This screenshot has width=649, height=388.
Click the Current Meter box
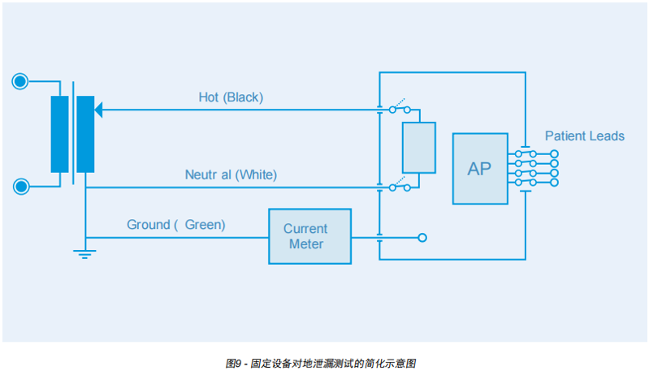pyautogui.click(x=309, y=236)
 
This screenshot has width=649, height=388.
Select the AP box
pyautogui.click(x=480, y=169)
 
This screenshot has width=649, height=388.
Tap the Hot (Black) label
pyautogui.click(x=231, y=97)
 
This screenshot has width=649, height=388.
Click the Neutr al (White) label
pyautogui.click(x=230, y=175)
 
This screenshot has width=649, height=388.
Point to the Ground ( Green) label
pyautogui.click(x=176, y=225)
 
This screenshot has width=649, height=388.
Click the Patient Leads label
pyautogui.click(x=584, y=136)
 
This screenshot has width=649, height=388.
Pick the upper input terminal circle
pyautogui.click(x=20, y=81)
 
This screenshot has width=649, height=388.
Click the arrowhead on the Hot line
pyautogui.click(x=100, y=109)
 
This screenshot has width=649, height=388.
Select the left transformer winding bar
pyautogui.click(x=59, y=134)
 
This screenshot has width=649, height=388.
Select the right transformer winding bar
pyautogui.click(x=85, y=134)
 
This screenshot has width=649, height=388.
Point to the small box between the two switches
pyautogui.click(x=419, y=147)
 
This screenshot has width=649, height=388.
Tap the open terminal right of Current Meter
pyautogui.click(x=422, y=238)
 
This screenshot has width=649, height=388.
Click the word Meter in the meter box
pyautogui.click(x=306, y=244)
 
